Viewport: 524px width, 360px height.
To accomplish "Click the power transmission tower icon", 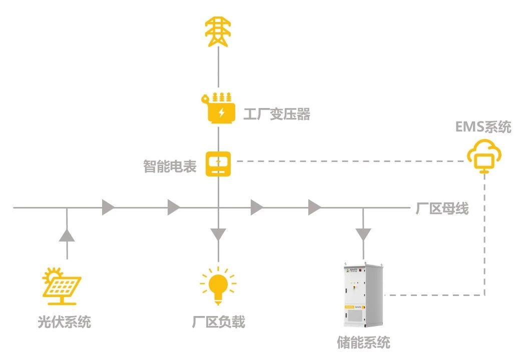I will [x=218, y=32].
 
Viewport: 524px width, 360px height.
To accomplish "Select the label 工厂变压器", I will [x=277, y=114].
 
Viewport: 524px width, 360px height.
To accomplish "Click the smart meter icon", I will [x=219, y=163].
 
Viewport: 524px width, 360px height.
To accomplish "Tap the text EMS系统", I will [x=483, y=127].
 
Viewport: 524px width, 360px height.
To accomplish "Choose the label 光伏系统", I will [x=64, y=321].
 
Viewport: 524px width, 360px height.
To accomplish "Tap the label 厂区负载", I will [x=219, y=321].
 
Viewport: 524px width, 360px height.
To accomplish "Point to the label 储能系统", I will [x=363, y=342].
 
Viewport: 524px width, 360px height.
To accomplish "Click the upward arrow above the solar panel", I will [x=67, y=234].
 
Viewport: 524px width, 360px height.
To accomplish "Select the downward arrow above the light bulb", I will [x=218, y=234].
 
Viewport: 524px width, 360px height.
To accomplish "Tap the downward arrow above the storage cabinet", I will [x=363, y=234].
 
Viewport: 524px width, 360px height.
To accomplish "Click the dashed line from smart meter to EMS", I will [x=350, y=161].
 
